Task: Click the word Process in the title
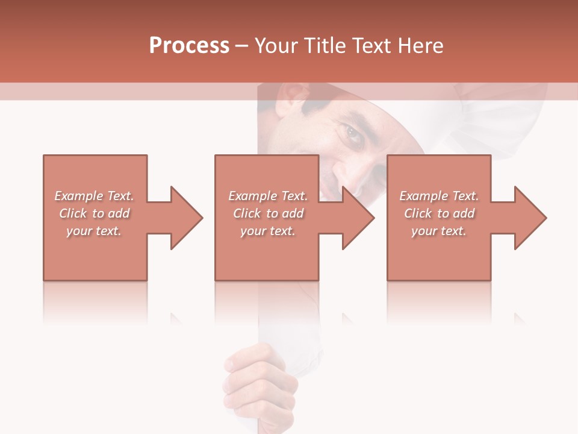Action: [x=189, y=46]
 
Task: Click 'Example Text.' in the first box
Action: [x=95, y=196]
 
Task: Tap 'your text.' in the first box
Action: [x=95, y=231]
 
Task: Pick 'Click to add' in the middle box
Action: [x=268, y=213]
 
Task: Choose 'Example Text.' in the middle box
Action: [x=268, y=196]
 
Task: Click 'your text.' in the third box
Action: [x=439, y=231]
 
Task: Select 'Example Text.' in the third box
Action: [x=439, y=196]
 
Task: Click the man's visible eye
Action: [x=354, y=134]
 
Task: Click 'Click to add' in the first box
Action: [x=95, y=213]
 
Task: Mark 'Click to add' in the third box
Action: [x=439, y=213]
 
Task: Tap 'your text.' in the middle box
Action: [x=268, y=231]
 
